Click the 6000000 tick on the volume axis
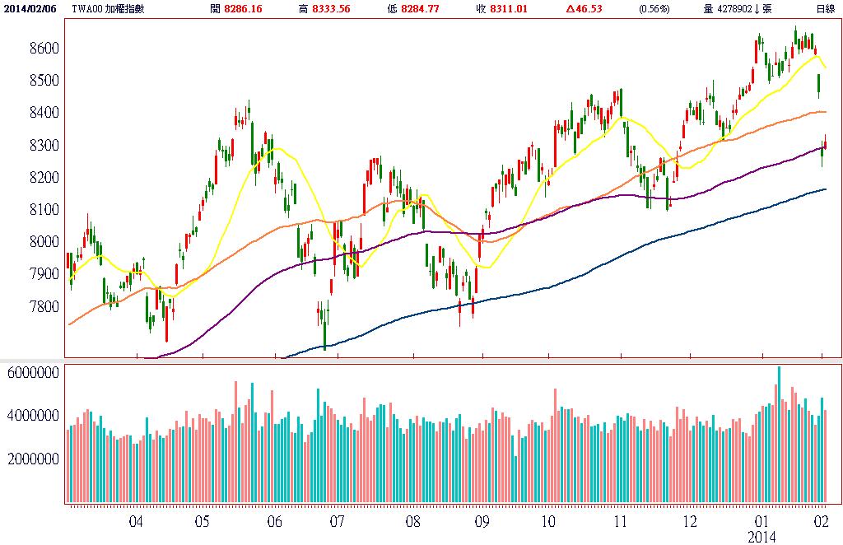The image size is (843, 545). point(32,372)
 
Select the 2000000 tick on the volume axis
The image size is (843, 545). point(32,459)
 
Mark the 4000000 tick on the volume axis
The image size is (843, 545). point(32,416)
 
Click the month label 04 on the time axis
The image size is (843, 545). point(137,522)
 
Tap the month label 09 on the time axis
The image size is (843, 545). point(482,522)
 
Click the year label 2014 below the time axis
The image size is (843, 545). point(762,537)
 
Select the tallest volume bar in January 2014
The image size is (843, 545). point(778,434)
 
